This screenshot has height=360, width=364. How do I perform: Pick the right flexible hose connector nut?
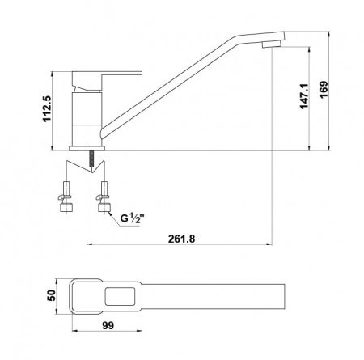[x=104, y=205]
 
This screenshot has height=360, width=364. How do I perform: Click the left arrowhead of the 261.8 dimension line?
[x=89, y=245]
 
